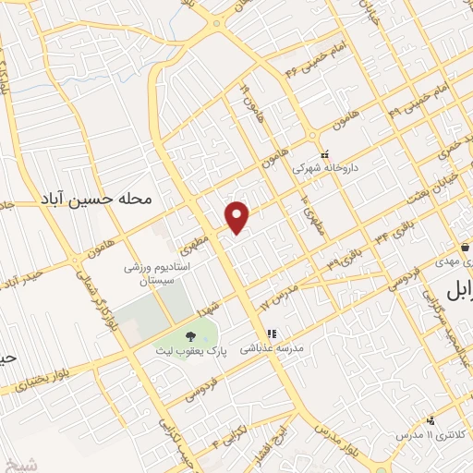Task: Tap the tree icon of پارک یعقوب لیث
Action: pyautogui.click(x=190, y=337)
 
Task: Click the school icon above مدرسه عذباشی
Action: pyautogui.click(x=272, y=334)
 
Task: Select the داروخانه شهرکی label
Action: pyautogui.click(x=323, y=169)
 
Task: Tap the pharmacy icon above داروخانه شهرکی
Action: pyautogui.click(x=323, y=154)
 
